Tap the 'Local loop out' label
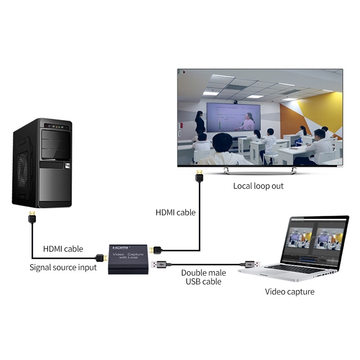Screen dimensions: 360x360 click(x=258, y=186)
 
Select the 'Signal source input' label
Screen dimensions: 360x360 click(x=63, y=267)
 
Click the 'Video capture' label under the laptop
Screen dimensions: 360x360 click(x=289, y=292)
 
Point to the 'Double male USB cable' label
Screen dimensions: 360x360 click(x=203, y=277)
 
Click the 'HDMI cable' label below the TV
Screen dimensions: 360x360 click(x=175, y=212)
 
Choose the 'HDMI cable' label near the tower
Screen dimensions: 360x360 click(x=63, y=248)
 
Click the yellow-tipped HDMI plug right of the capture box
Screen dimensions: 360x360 click(x=156, y=249)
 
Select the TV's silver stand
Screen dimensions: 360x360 click(x=260, y=170)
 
